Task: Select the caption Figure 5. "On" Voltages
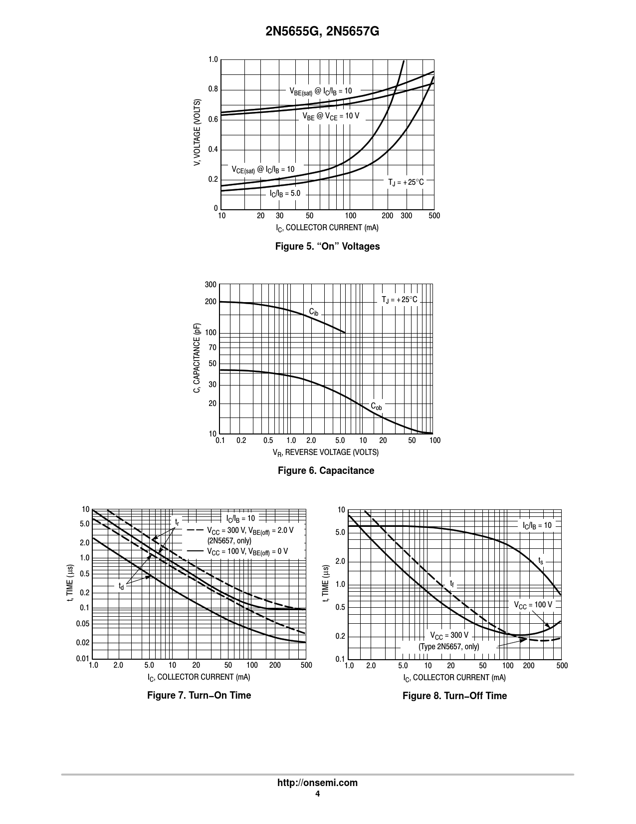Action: coord(327,246)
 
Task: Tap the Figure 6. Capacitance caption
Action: coord(326,470)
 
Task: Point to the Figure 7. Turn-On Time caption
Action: coord(199,695)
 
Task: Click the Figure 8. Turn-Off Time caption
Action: coord(454,696)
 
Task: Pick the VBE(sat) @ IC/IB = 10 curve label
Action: coord(321,91)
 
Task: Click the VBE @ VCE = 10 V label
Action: coord(331,116)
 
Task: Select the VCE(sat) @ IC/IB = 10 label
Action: coord(263,170)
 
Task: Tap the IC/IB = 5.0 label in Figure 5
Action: coord(285,193)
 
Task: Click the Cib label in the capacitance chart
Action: coord(313,312)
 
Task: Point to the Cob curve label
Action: coord(376,407)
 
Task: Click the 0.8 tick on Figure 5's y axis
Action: coord(213,89)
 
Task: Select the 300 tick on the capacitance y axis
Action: coord(211,285)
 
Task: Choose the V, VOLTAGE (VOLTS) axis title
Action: coord(198,133)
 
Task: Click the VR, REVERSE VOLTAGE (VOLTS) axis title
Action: coord(325,452)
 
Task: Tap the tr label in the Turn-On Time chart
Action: coord(177,522)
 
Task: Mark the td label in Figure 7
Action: coord(121,586)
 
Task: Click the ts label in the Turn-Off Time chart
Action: coord(541,561)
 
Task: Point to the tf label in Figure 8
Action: coord(452,583)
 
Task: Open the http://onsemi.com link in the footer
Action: coord(317,783)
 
